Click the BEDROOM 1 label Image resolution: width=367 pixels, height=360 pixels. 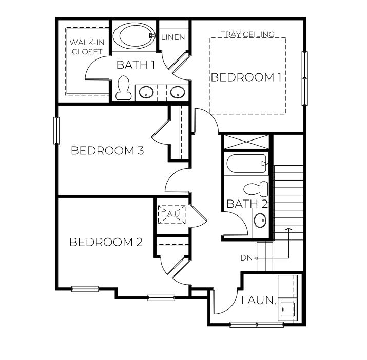point(246,77)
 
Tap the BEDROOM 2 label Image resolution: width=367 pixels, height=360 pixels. point(106,242)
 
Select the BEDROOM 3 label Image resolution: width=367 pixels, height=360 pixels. point(107,151)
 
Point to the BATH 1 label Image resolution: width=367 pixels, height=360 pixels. point(136,65)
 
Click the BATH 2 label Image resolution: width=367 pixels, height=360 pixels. point(247,204)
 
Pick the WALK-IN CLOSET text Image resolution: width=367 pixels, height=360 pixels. point(86,47)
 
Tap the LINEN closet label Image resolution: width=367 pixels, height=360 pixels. point(173,37)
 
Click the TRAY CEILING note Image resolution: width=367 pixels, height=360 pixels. point(247,34)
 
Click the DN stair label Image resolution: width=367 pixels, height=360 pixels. point(246,258)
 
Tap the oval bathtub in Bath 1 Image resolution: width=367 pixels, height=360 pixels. point(132,36)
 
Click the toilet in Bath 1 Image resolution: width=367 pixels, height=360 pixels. point(123,88)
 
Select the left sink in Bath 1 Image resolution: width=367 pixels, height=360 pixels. point(147,93)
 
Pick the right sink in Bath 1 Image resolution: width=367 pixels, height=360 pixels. point(178,93)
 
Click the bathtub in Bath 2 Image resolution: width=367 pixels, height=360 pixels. point(247,164)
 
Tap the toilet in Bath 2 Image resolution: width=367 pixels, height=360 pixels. point(256,188)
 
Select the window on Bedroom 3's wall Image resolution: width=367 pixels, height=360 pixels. point(56,131)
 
